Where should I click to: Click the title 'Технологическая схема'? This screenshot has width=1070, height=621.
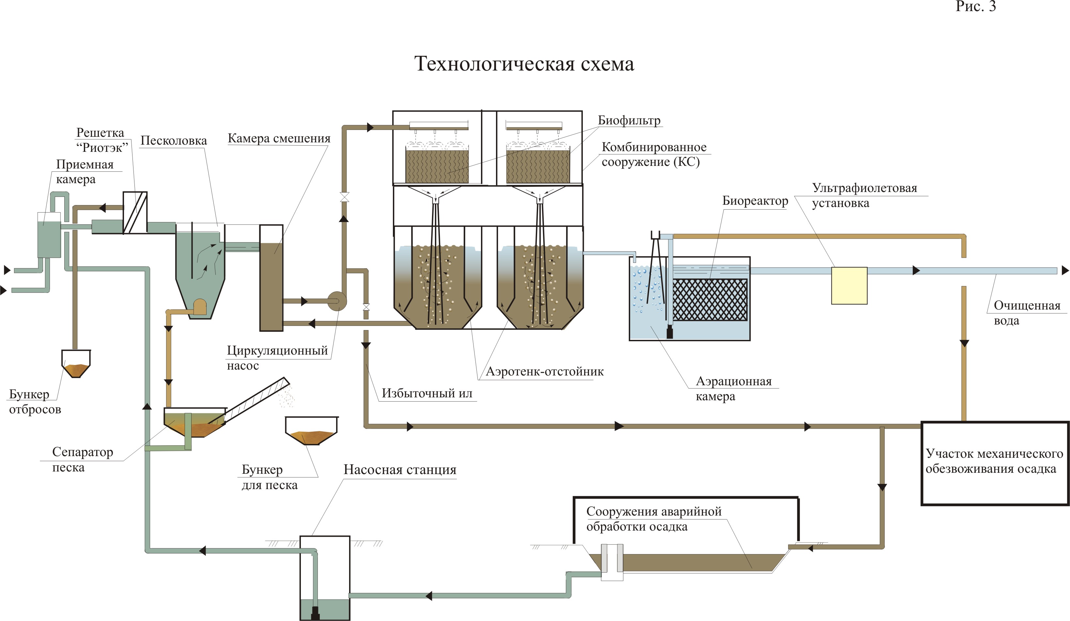pos(524,64)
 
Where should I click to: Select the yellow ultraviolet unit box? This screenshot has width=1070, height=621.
pos(849,285)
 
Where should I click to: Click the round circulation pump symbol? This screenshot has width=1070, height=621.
pos(337,301)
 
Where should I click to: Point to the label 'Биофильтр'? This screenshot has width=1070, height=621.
pos(629,120)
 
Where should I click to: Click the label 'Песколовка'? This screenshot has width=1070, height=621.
pos(174,141)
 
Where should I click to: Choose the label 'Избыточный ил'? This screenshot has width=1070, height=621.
pos(427,393)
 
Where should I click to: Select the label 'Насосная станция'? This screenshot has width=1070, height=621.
pos(400,470)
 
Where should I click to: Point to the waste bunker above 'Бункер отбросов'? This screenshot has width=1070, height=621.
pos(76,364)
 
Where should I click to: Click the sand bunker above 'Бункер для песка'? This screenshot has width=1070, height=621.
pos(311,431)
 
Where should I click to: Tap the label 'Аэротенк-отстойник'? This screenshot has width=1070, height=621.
pos(544,372)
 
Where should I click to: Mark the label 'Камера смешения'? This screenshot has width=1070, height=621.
pos(279,138)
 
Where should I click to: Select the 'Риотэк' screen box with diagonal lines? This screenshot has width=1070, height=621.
pos(135,213)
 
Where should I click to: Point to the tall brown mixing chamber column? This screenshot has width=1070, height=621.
pos(271,278)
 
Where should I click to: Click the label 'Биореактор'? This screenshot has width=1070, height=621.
pos(755,201)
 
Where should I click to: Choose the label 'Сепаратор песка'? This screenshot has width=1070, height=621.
pos(82,460)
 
